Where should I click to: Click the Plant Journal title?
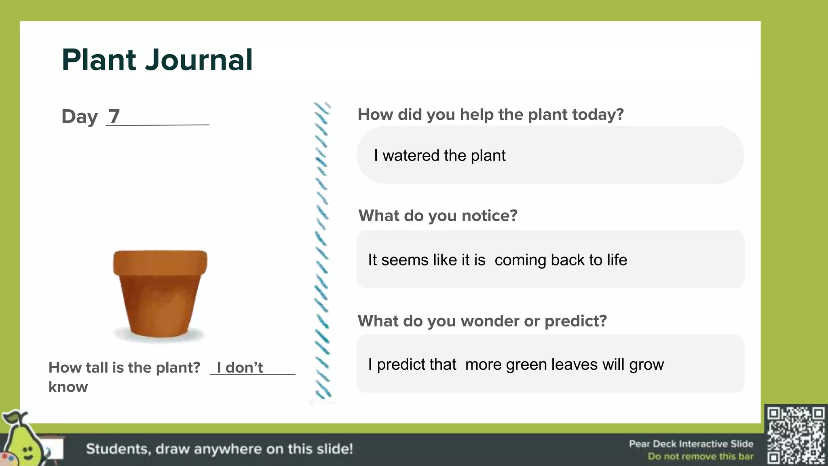coord(157,60)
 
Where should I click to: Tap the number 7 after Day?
coord(114,116)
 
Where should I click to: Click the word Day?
coord(80,117)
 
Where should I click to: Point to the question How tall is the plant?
coord(124,367)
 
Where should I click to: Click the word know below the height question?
coord(68,387)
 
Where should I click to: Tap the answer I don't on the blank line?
coord(240,367)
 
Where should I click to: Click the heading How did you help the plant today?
coord(490,114)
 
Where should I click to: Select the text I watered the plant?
coord(439,156)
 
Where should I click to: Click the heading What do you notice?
coord(438,216)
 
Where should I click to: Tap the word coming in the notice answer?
coord(520,260)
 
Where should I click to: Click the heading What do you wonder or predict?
coord(482,321)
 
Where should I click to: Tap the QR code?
coord(796,435)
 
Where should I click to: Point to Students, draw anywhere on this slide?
coord(220,449)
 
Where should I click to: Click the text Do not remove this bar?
coord(700,456)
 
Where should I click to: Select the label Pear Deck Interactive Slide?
coord(691,444)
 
